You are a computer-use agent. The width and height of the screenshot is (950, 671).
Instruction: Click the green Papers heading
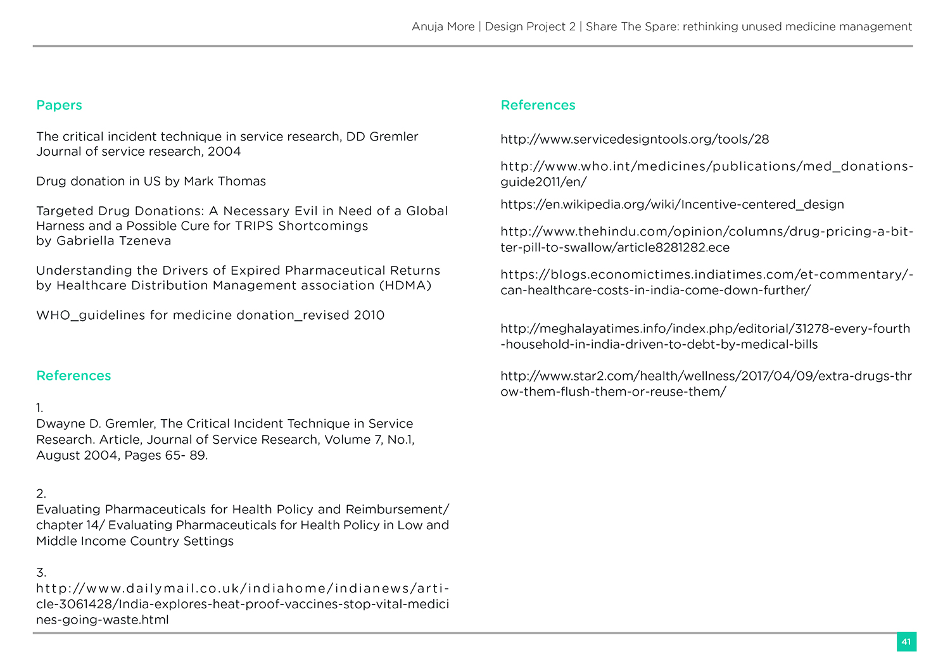[x=59, y=105]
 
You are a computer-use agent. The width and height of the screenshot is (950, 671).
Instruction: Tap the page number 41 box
[x=906, y=642]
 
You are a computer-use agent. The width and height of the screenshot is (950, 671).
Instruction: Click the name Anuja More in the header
[x=443, y=27]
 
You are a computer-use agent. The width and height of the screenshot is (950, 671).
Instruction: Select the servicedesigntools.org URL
[x=635, y=139]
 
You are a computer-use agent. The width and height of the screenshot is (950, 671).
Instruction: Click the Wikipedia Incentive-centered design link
[x=672, y=204]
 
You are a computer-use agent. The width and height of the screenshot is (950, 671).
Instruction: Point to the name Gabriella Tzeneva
[x=113, y=241]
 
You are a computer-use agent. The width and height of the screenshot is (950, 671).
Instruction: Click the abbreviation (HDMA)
[x=405, y=285]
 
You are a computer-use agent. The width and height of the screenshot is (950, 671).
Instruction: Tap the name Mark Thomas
[x=225, y=181]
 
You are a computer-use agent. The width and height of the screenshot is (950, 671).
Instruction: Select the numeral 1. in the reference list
[x=40, y=408]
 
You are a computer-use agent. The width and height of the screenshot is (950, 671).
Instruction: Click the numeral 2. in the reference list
[x=41, y=494]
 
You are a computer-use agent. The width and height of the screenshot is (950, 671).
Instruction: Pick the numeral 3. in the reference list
[x=41, y=573]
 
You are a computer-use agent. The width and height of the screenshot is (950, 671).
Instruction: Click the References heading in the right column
[x=538, y=105]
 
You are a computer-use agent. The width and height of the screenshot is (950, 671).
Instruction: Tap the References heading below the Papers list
[x=73, y=375]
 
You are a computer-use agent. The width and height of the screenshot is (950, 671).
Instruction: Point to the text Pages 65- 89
[x=166, y=455]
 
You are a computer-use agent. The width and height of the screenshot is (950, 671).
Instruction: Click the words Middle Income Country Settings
[x=135, y=541]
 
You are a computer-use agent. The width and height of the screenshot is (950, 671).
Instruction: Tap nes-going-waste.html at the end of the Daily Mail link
[x=103, y=620]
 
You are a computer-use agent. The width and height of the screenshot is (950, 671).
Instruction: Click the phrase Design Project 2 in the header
[x=530, y=27]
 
